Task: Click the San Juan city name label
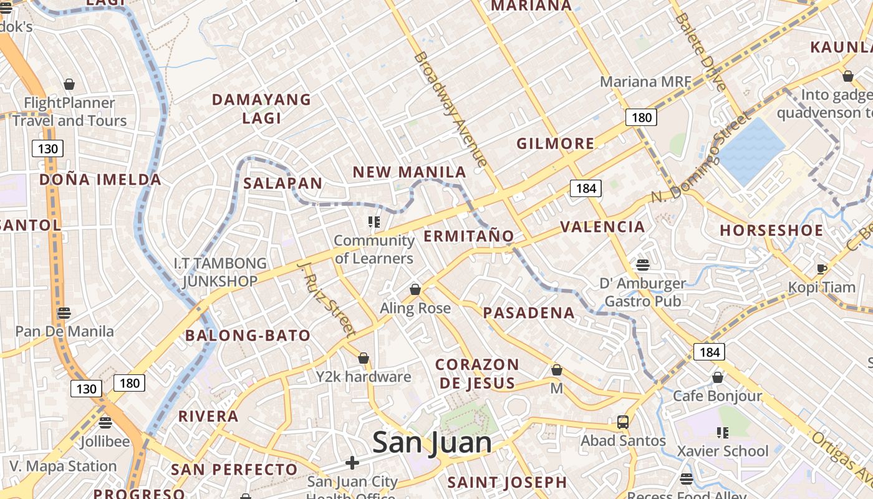(x=432, y=443)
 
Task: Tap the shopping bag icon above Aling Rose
(x=415, y=290)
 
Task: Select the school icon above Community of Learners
(x=374, y=222)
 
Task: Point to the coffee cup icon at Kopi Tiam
(x=822, y=269)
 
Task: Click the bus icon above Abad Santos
(x=622, y=422)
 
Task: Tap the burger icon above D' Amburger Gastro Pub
(x=643, y=265)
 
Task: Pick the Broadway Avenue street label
(x=450, y=109)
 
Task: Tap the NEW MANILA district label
(x=410, y=172)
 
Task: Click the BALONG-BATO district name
(x=248, y=336)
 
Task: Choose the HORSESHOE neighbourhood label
(x=771, y=230)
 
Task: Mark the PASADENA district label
(x=529, y=312)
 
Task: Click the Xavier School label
(x=723, y=451)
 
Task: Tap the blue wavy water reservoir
(x=751, y=150)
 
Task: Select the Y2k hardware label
(x=364, y=377)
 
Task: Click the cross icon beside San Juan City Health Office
(x=352, y=463)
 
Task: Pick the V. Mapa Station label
(x=63, y=466)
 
